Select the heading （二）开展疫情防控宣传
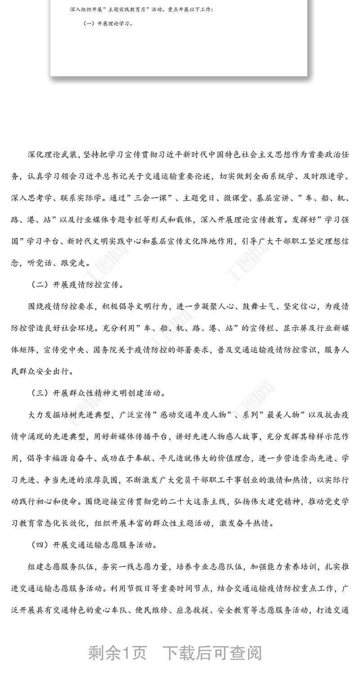[76, 285]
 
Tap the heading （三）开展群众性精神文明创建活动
[98, 393]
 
